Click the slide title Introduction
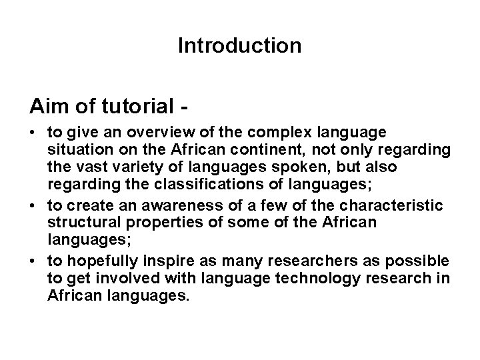click(240, 46)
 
